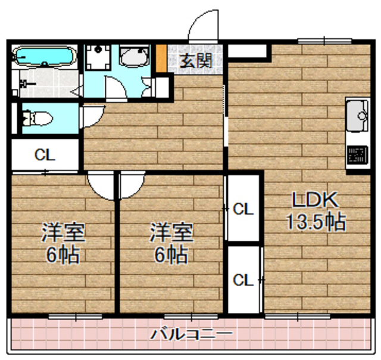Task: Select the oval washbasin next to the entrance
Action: coord(132,57)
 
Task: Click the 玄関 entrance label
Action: coord(195,60)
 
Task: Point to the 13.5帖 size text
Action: coord(315,222)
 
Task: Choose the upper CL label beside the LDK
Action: coord(243,209)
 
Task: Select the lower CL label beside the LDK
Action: coord(243,280)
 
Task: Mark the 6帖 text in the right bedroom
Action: coord(171,255)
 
